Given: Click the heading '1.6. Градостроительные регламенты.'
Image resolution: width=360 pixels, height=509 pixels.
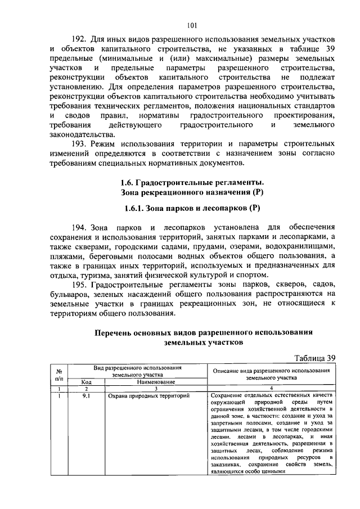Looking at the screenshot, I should [192, 182].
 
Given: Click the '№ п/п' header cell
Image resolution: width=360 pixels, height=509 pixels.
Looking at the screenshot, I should [58, 375].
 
